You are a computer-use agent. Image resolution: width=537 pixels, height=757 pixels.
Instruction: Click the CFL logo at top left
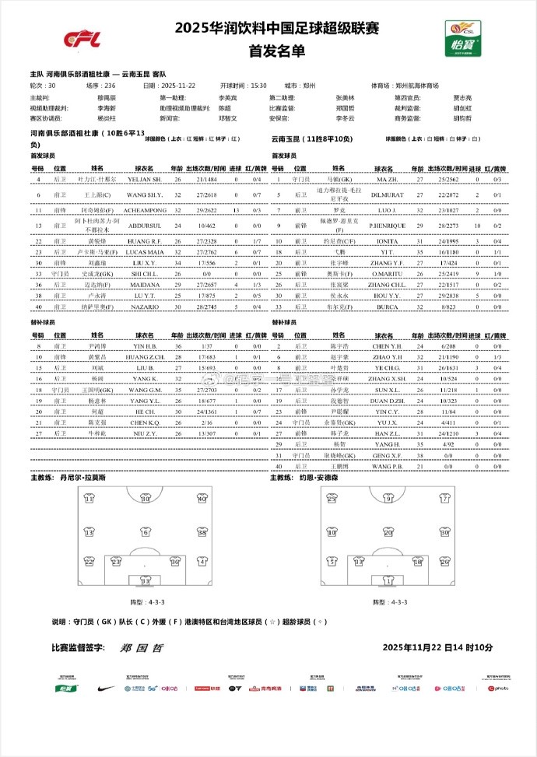(x=78, y=38)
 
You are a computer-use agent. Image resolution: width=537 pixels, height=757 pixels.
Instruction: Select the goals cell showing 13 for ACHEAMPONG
(x=235, y=210)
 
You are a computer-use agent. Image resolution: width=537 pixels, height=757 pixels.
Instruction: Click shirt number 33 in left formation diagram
(x=145, y=580)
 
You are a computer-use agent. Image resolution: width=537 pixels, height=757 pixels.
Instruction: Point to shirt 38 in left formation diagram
(x=201, y=534)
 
